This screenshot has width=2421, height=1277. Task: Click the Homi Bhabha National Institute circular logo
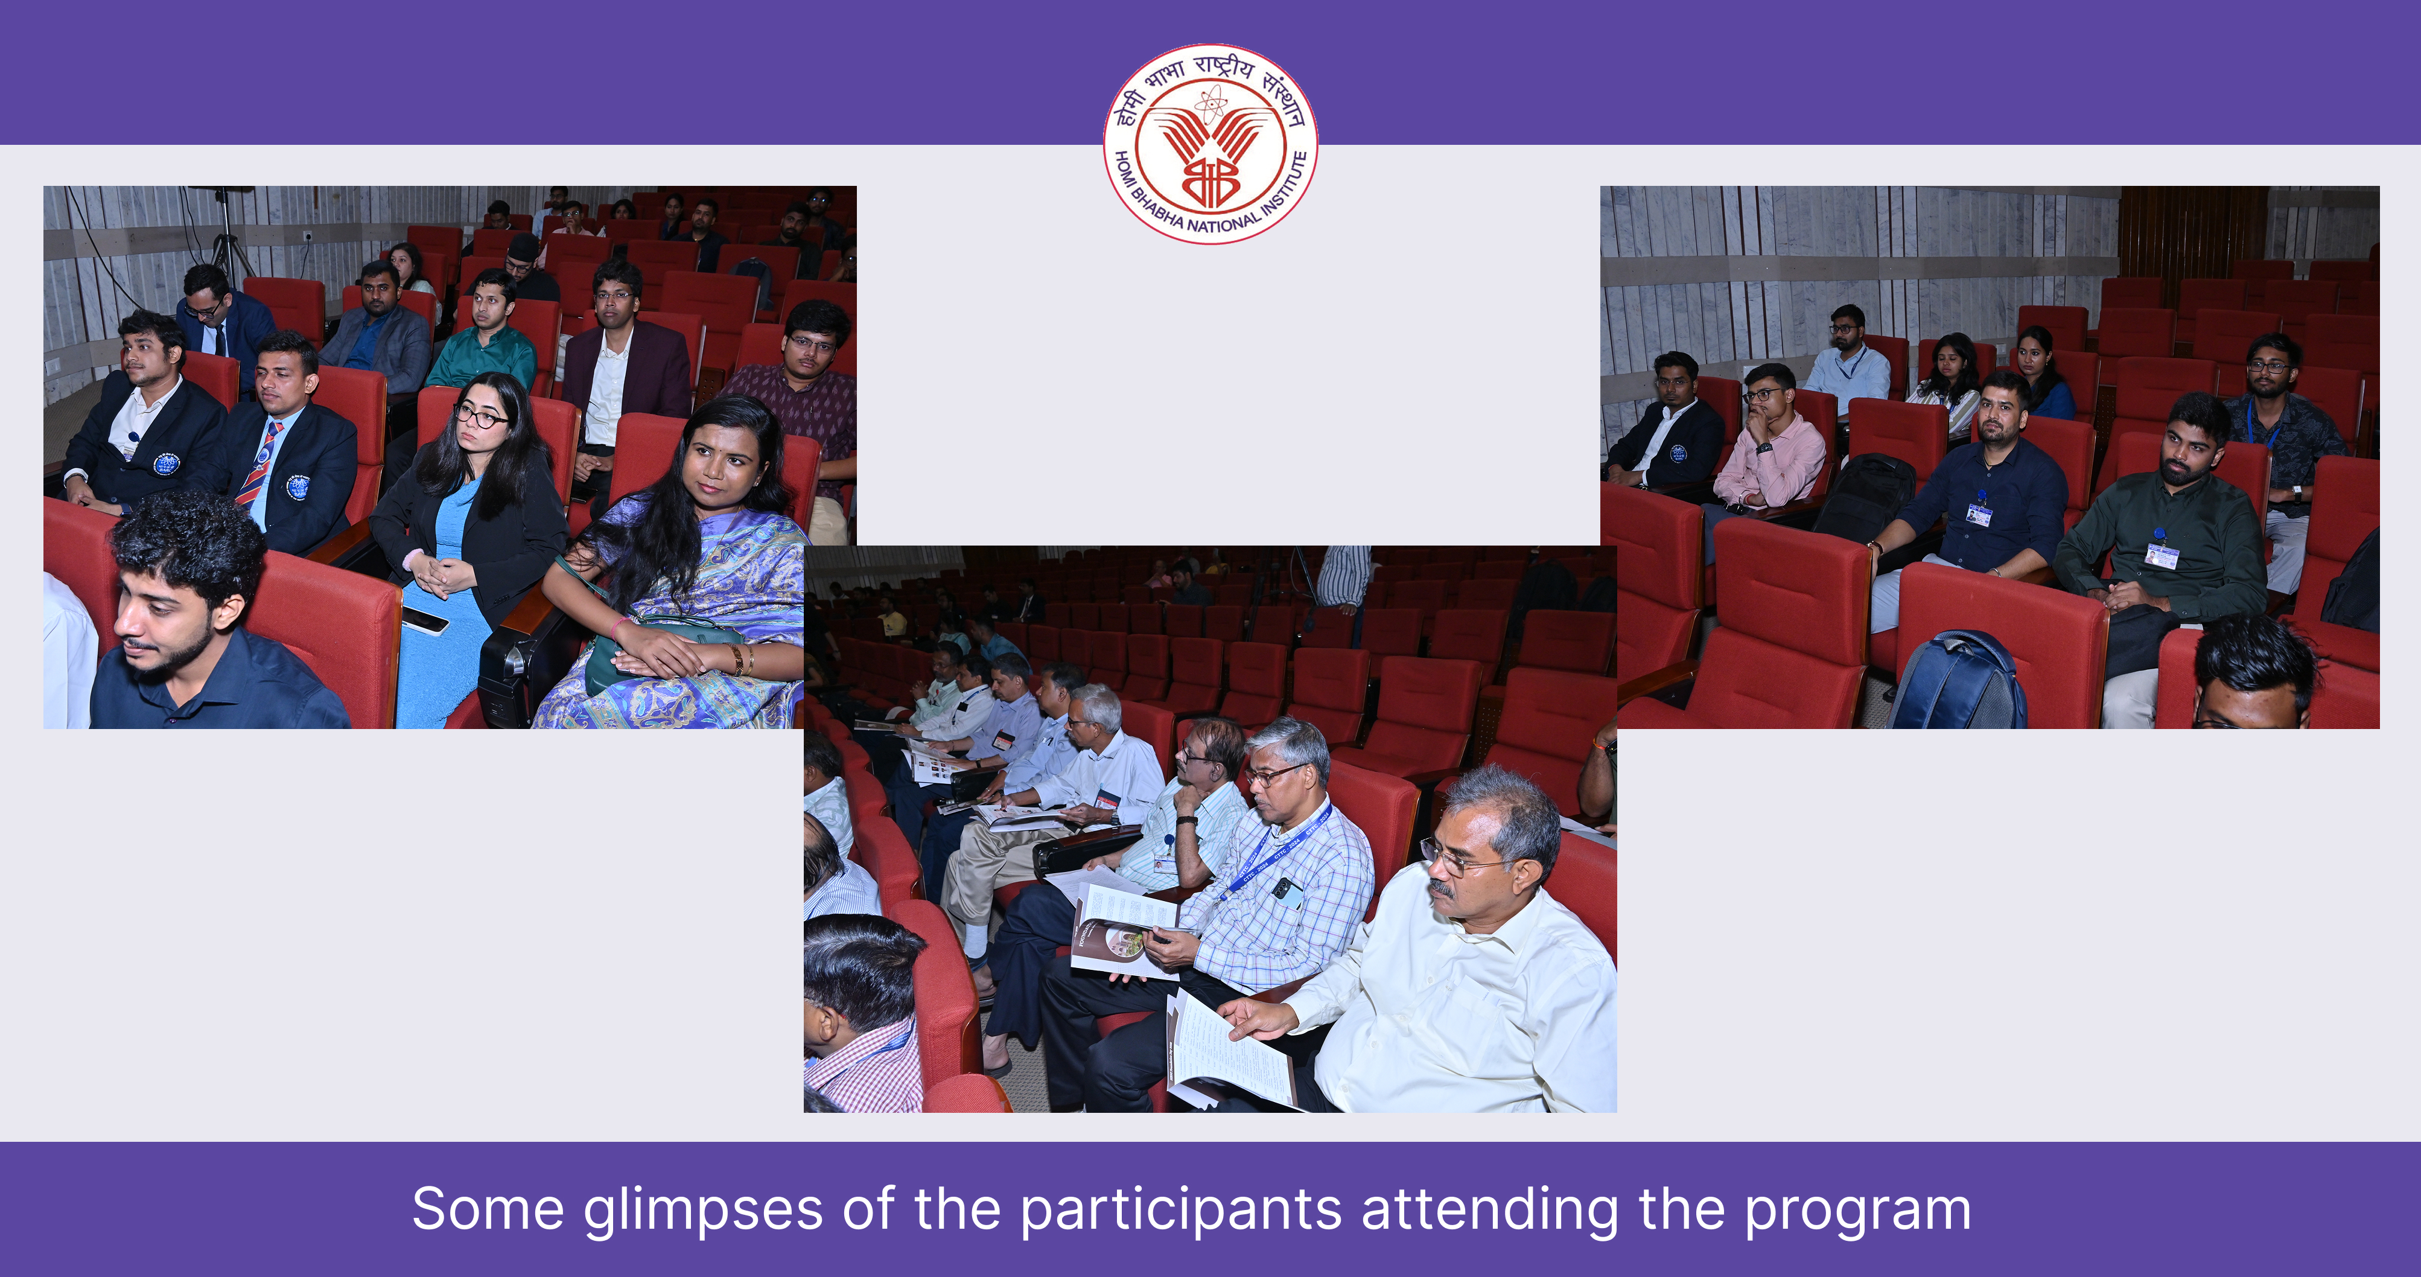[x=1210, y=144]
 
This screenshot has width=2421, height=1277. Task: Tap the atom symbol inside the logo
[x=1210, y=104]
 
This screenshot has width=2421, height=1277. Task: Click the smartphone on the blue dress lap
[x=425, y=620]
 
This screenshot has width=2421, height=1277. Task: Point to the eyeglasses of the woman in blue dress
[x=481, y=416]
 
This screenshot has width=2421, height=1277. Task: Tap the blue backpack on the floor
[x=1957, y=681]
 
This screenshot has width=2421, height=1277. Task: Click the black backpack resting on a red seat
[x=1866, y=498]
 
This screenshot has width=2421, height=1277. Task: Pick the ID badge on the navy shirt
[x=1979, y=514]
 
